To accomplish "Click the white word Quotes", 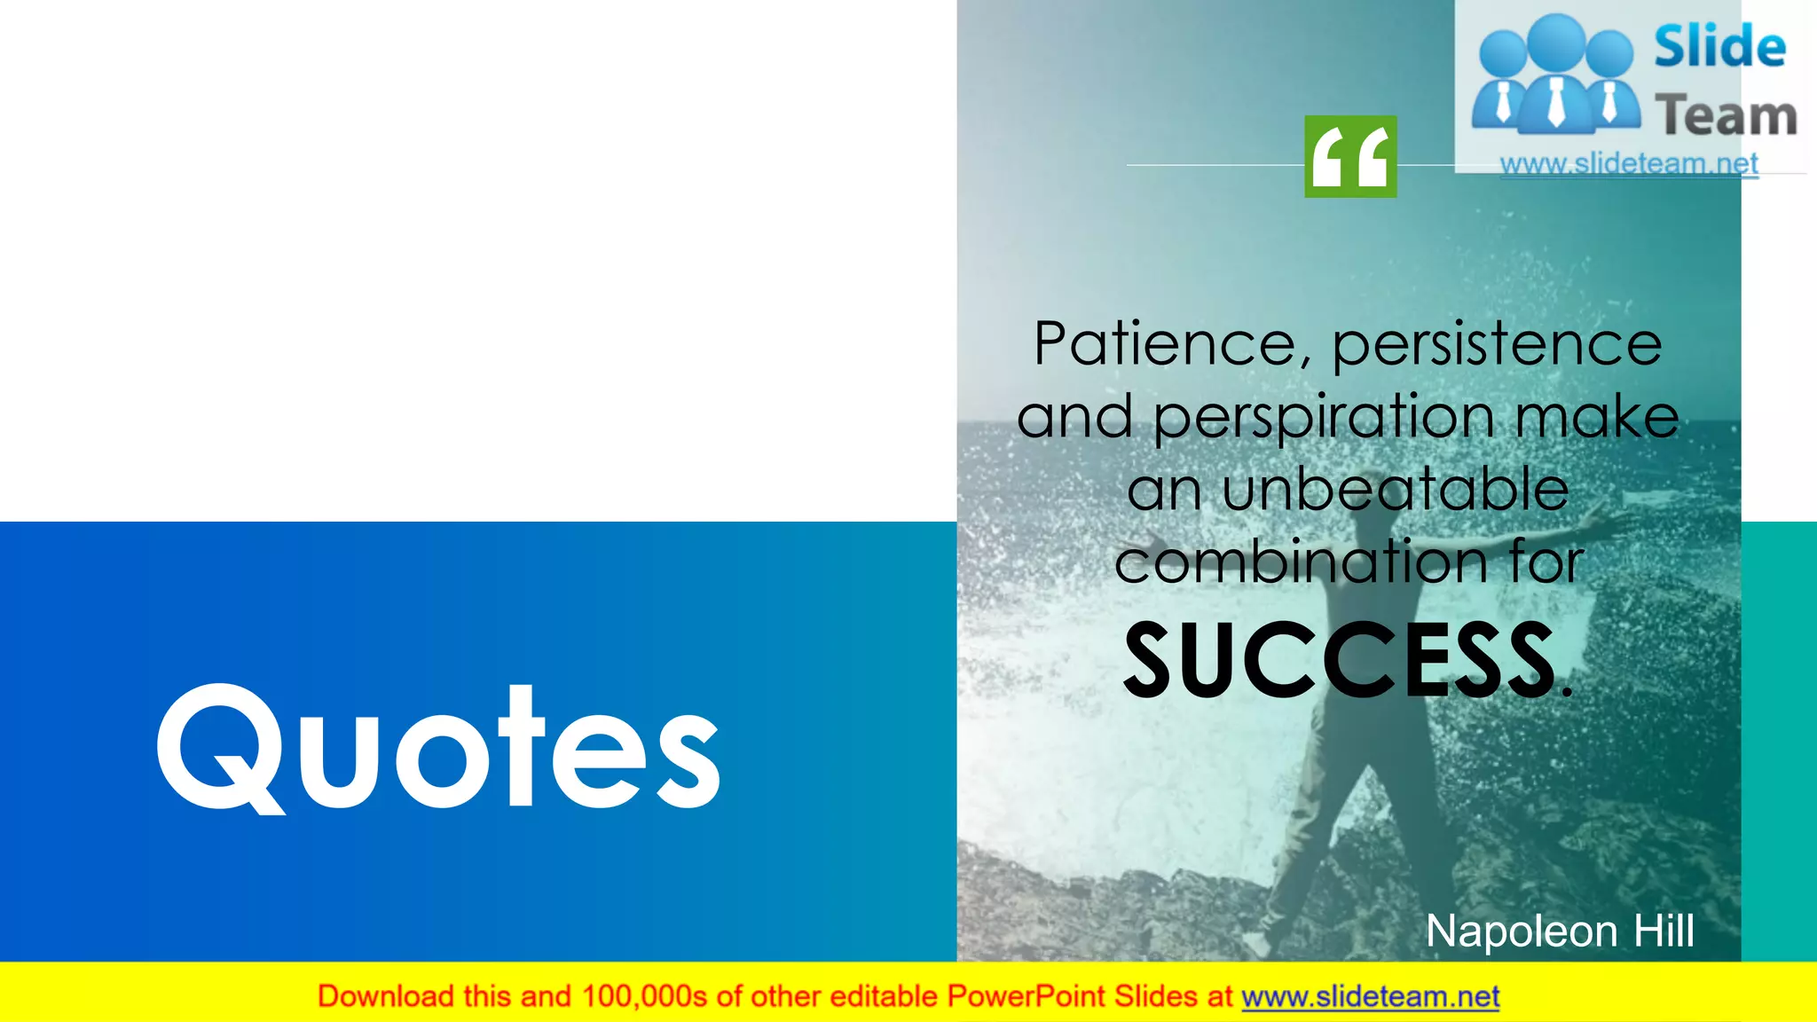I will click(x=439, y=747).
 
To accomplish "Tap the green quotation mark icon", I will click(x=1350, y=156).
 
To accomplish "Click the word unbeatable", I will click(x=1396, y=490).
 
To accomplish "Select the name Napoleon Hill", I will click(x=1560, y=932).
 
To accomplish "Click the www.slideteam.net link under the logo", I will click(x=1629, y=164).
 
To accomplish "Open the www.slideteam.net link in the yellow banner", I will click(x=1370, y=997).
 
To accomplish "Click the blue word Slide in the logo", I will click(x=1719, y=47).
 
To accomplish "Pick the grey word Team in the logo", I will click(x=1726, y=116).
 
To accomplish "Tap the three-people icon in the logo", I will click(x=1555, y=75).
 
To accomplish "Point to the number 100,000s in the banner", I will click(x=644, y=996).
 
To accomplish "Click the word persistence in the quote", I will click(x=1497, y=344).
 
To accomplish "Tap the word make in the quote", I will click(x=1596, y=417).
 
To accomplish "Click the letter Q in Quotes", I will click(x=219, y=747).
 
